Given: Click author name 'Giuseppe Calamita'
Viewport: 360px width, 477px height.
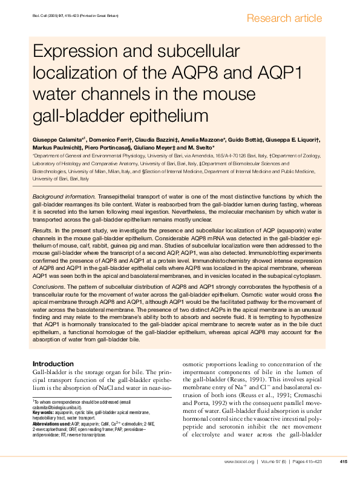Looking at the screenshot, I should [x=58, y=140].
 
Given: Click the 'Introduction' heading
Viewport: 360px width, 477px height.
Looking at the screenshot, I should [x=56, y=363].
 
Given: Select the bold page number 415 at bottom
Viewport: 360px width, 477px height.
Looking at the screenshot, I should [x=343, y=461].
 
